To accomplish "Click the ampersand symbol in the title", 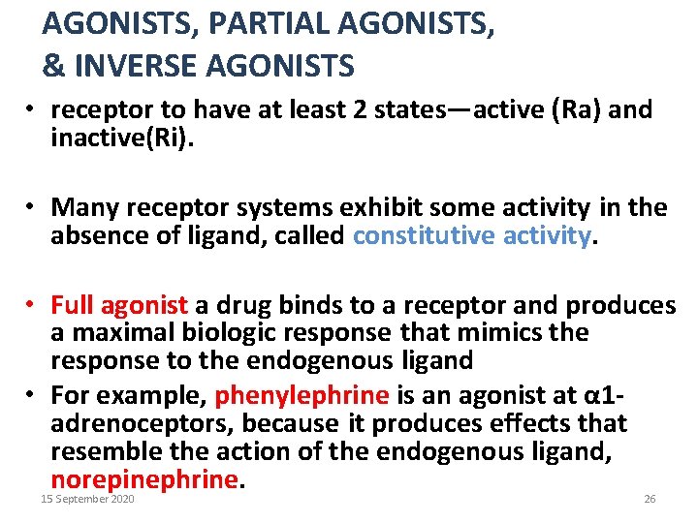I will [x=53, y=66].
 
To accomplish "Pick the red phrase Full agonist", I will [x=119, y=305].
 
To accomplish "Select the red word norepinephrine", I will [x=144, y=478].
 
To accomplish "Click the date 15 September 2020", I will [x=87, y=499].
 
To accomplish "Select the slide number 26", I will [x=650, y=499].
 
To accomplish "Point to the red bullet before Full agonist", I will [x=32, y=305].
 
